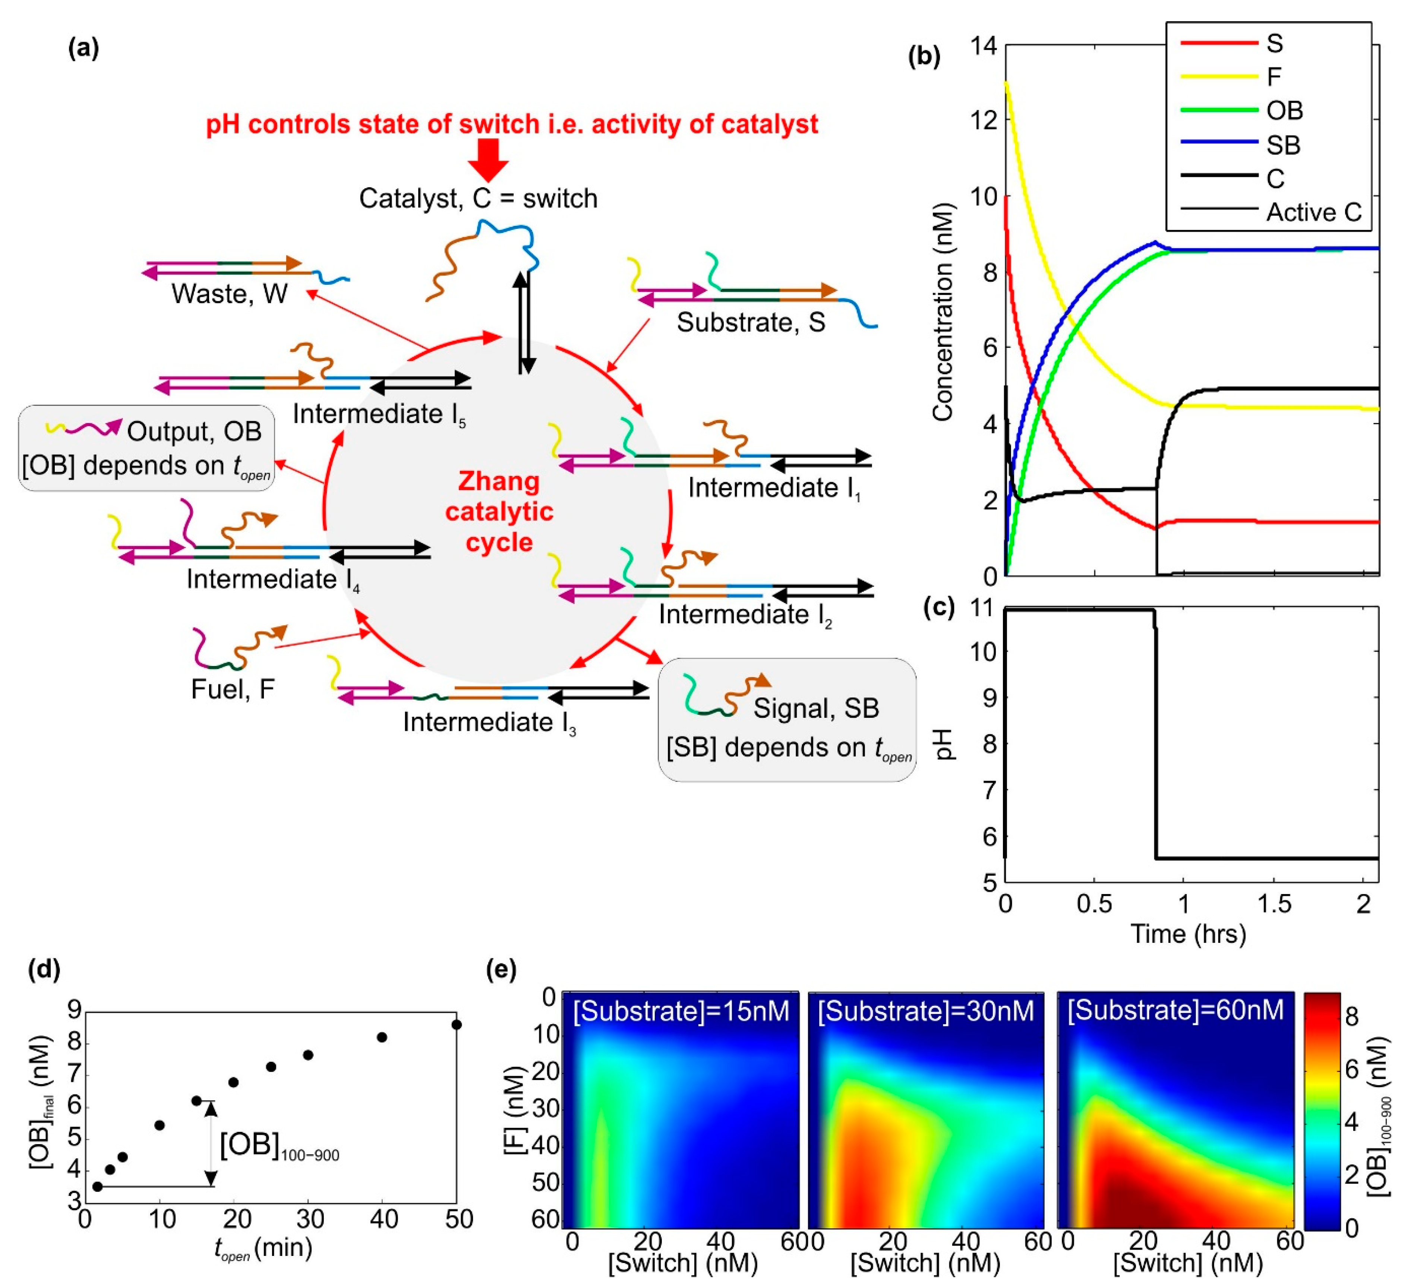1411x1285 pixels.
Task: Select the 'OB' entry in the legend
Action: click(x=1284, y=111)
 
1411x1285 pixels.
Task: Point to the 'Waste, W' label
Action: click(x=230, y=294)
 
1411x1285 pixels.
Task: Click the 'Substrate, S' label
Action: click(x=750, y=323)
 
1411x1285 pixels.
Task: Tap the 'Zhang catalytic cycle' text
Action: click(x=499, y=512)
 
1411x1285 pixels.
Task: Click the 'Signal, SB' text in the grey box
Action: click(x=815, y=708)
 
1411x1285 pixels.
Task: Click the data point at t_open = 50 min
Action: click(x=456, y=1024)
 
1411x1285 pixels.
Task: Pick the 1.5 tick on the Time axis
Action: click(x=1274, y=903)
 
